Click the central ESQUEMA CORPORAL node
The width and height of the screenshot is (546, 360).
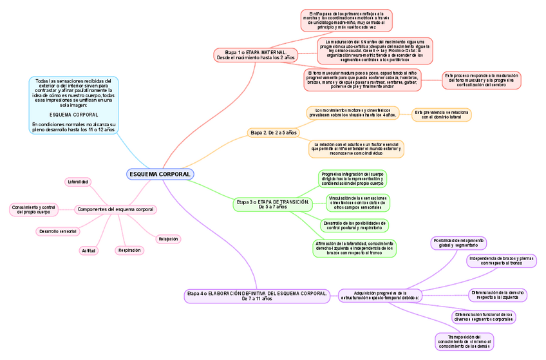tap(160, 175)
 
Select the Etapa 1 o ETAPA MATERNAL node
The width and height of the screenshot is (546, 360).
tap(256, 54)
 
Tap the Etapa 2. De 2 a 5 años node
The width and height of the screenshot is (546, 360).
tap(273, 133)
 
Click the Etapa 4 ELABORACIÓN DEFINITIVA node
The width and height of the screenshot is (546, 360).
tap(257, 296)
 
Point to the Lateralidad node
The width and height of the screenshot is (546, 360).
tap(78, 182)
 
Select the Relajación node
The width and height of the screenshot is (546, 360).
tap(167, 239)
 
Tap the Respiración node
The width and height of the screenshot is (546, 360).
tap(129, 250)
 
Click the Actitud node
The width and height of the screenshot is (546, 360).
tap(88, 250)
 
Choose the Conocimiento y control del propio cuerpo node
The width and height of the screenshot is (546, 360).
tap(33, 209)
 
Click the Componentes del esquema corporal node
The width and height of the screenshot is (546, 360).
tap(116, 209)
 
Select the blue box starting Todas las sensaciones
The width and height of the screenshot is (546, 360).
tap(73, 105)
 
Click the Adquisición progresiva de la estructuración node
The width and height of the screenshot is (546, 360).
tap(380, 295)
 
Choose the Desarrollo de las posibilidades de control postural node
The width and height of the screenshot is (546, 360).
tap(354, 225)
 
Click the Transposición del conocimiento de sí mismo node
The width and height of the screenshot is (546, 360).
tap(464, 341)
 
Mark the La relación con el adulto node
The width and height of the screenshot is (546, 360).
tap(356, 149)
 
